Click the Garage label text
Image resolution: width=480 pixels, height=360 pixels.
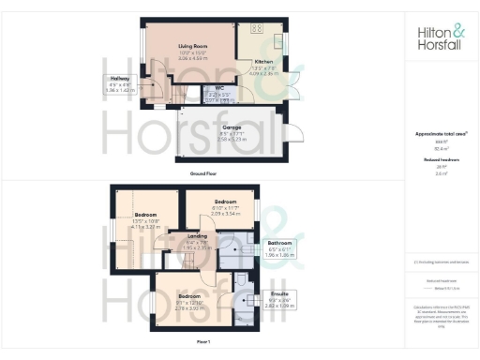[232, 128]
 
